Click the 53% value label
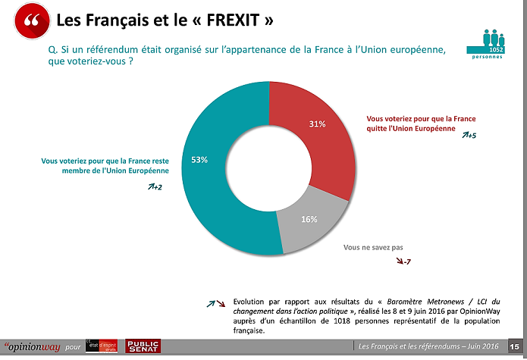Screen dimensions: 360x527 [199, 160]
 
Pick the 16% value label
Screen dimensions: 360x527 [308, 220]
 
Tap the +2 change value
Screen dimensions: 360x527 [158, 186]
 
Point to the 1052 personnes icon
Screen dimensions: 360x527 [496, 43]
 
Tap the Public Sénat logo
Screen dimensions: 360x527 [142, 346]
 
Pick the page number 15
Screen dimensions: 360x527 [515, 346]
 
